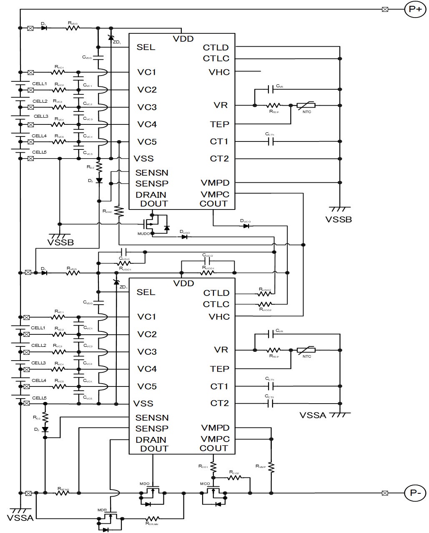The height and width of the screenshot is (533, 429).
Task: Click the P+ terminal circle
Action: pyautogui.click(x=415, y=9)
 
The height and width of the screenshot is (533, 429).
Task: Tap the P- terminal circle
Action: pyautogui.click(x=415, y=493)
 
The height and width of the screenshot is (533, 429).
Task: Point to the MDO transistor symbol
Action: pyautogui.click(x=153, y=493)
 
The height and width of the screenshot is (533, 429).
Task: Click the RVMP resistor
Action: pyautogui.click(x=271, y=466)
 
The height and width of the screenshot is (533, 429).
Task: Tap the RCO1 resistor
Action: pyautogui.click(x=213, y=466)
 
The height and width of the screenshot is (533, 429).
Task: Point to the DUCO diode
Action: pyautogui.click(x=246, y=226)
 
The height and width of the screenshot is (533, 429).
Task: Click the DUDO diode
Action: pyautogui.click(x=184, y=237)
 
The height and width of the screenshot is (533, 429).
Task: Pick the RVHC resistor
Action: pyautogui.click(x=119, y=211)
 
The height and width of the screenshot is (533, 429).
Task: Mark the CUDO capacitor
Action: pyautogui.click(x=123, y=252)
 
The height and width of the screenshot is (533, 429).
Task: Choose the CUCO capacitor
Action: pyautogui.click(x=207, y=261)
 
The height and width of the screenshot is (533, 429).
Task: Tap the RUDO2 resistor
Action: pyautogui.click(x=265, y=293)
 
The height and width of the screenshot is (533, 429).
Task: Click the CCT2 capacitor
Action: pyautogui.click(x=270, y=403)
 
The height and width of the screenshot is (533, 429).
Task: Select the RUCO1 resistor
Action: pyautogui.click(x=207, y=273)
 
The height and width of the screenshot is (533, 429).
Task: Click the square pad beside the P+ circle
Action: pyautogui.click(x=385, y=9)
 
